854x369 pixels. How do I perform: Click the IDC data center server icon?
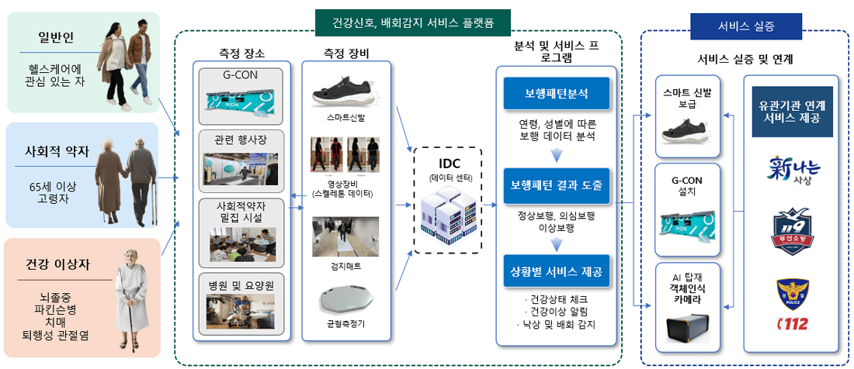tap(447, 215)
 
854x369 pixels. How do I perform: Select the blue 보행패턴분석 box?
tap(556, 94)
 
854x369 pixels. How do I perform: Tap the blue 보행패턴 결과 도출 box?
tap(556, 185)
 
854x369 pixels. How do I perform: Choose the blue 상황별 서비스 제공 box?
tap(556, 272)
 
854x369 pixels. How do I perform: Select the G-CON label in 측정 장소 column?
tap(239, 76)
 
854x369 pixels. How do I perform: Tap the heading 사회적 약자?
tap(55, 151)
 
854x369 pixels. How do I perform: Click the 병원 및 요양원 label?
tap(239, 285)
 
